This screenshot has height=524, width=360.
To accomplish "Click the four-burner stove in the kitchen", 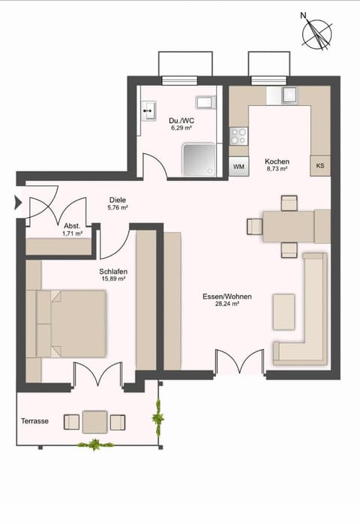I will click(238, 136).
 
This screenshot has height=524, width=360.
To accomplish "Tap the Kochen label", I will click(277, 161).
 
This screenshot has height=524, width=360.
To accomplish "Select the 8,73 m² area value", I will click(277, 170).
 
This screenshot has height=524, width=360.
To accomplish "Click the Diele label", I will click(118, 200).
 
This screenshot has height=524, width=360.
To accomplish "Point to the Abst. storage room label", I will click(72, 226).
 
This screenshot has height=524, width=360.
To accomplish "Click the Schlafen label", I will click(112, 271).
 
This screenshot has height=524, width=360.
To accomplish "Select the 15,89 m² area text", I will click(112, 279).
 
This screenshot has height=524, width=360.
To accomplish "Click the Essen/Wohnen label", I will click(226, 297).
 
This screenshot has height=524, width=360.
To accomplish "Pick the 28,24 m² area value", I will click(226, 305).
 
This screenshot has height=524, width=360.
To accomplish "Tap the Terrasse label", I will click(34, 421).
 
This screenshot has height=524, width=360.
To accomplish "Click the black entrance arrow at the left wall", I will click(17, 201).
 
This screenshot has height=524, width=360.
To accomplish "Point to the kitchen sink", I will click(289, 95).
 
